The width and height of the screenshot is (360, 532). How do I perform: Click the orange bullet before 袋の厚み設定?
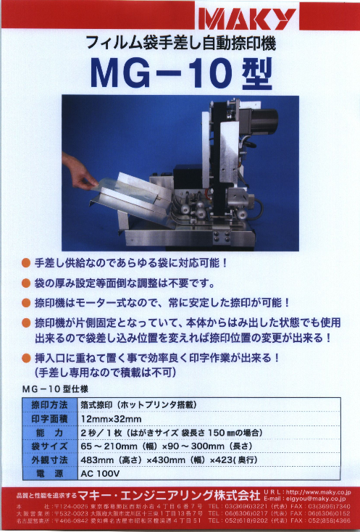click(x=26, y=282)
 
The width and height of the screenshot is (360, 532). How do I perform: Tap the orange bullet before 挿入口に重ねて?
click(x=26, y=358)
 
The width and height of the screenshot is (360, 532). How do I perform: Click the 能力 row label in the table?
click(x=49, y=433)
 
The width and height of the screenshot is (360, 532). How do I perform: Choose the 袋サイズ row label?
click(x=49, y=447)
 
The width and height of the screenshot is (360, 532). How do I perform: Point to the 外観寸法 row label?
click(x=49, y=461)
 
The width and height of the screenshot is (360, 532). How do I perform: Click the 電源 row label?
click(x=49, y=474)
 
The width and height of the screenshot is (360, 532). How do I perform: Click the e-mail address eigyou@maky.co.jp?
click(x=322, y=498)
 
